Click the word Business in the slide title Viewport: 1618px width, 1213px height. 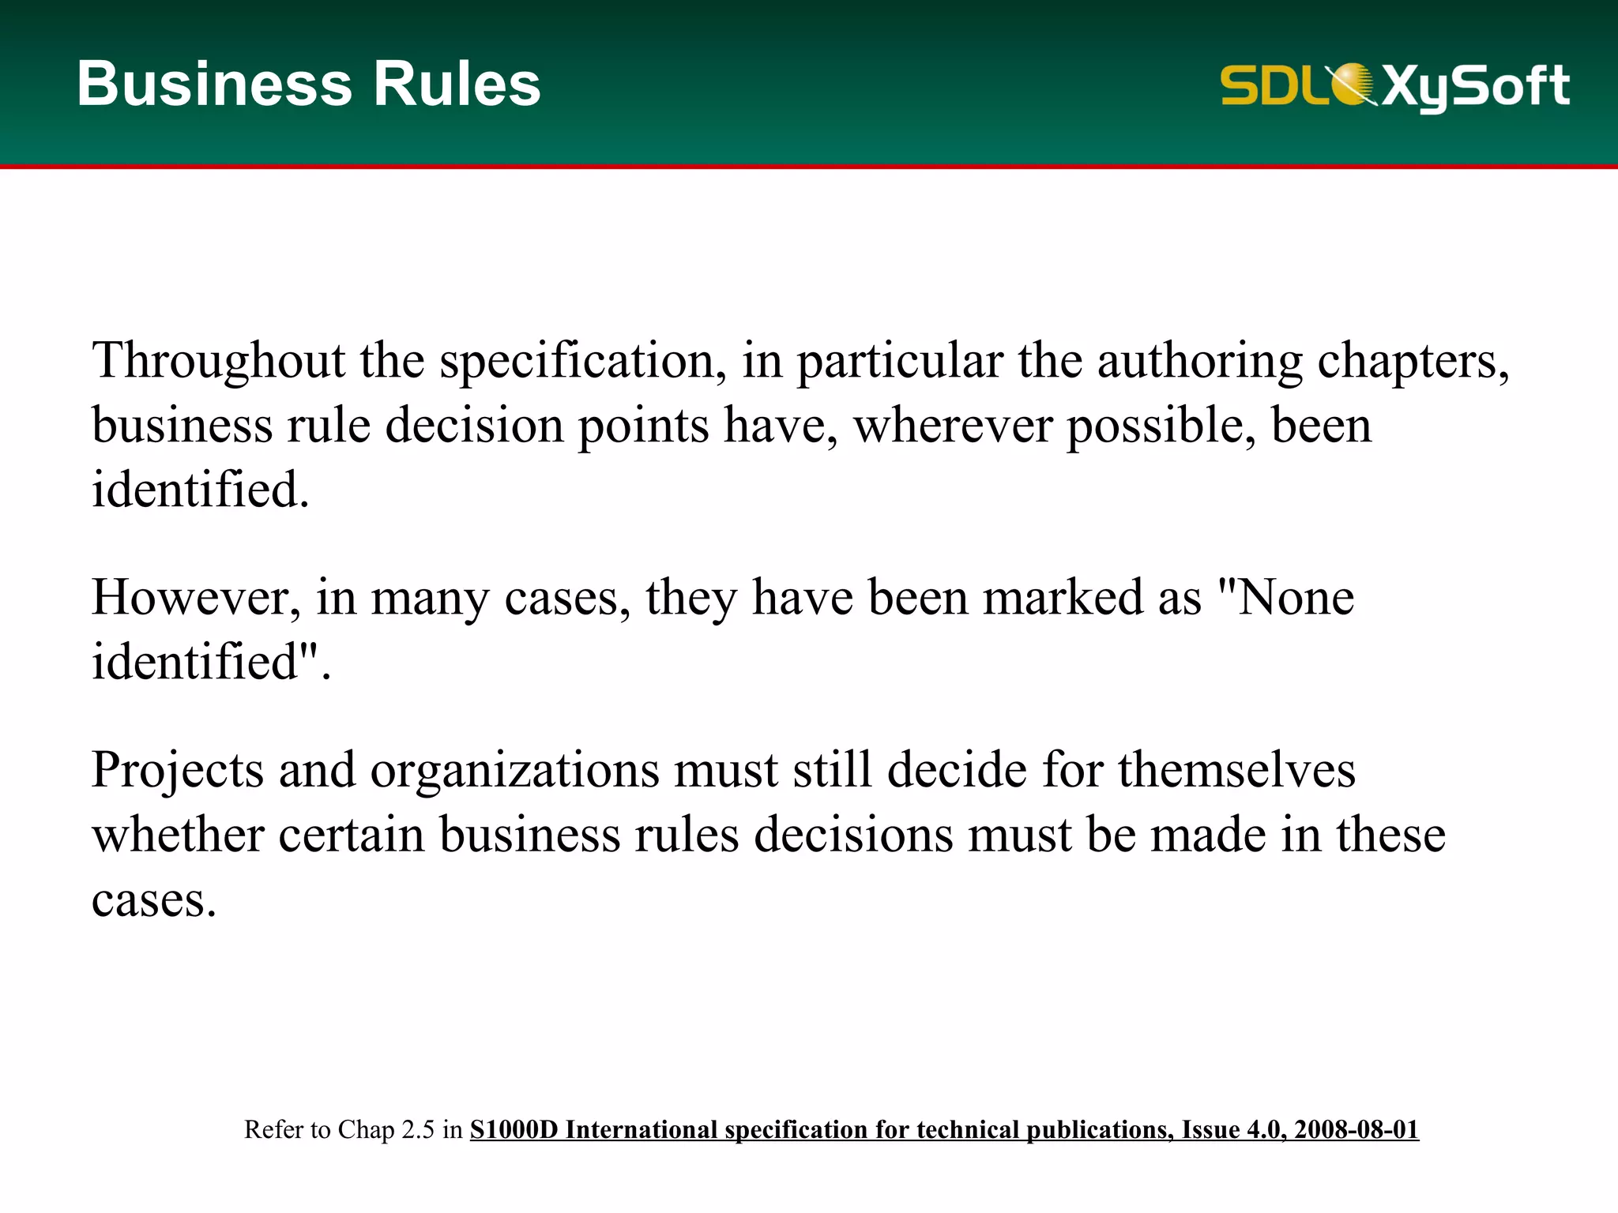pyautogui.click(x=214, y=84)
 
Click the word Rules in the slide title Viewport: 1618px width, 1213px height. pyautogui.click(x=457, y=84)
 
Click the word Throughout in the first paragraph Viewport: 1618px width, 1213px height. pyautogui.click(x=219, y=361)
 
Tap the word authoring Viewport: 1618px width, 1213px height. pyautogui.click(x=1199, y=361)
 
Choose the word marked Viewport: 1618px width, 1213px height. pyautogui.click(x=1063, y=597)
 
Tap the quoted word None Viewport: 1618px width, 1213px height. pyautogui.click(x=1296, y=597)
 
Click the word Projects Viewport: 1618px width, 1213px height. pyautogui.click(x=178, y=770)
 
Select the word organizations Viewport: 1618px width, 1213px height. pyautogui.click(x=514, y=770)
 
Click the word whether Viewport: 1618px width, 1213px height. pyautogui.click(x=178, y=835)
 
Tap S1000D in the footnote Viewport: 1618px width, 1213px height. pyautogui.click(x=514, y=1129)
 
